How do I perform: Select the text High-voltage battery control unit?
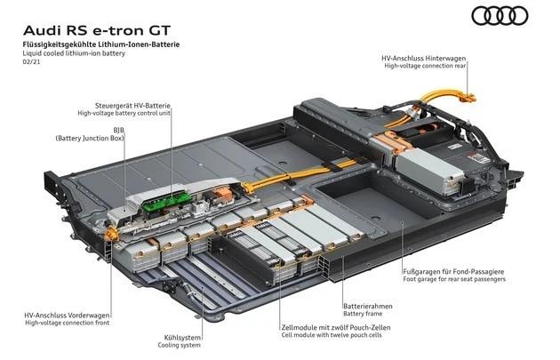(124, 114)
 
